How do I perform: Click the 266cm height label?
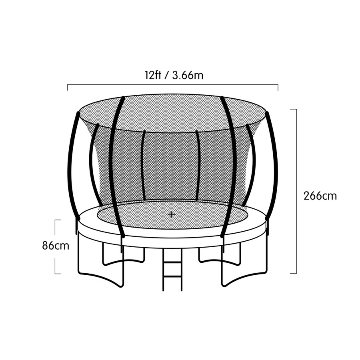pyautogui.click(x=320, y=196)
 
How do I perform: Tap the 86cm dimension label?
pyautogui.click(x=56, y=246)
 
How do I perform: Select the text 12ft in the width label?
pyautogui.click(x=153, y=75)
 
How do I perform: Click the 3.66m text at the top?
pyautogui.click(x=188, y=75)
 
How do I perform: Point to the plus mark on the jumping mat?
pyautogui.click(x=171, y=215)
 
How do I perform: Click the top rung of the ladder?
pyautogui.click(x=172, y=262)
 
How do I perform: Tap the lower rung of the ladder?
pyautogui.click(x=172, y=278)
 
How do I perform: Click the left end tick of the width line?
pyautogui.click(x=68, y=88)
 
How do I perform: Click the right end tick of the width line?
pyautogui.click(x=278, y=88)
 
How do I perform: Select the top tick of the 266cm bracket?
pyautogui.click(x=294, y=109)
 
